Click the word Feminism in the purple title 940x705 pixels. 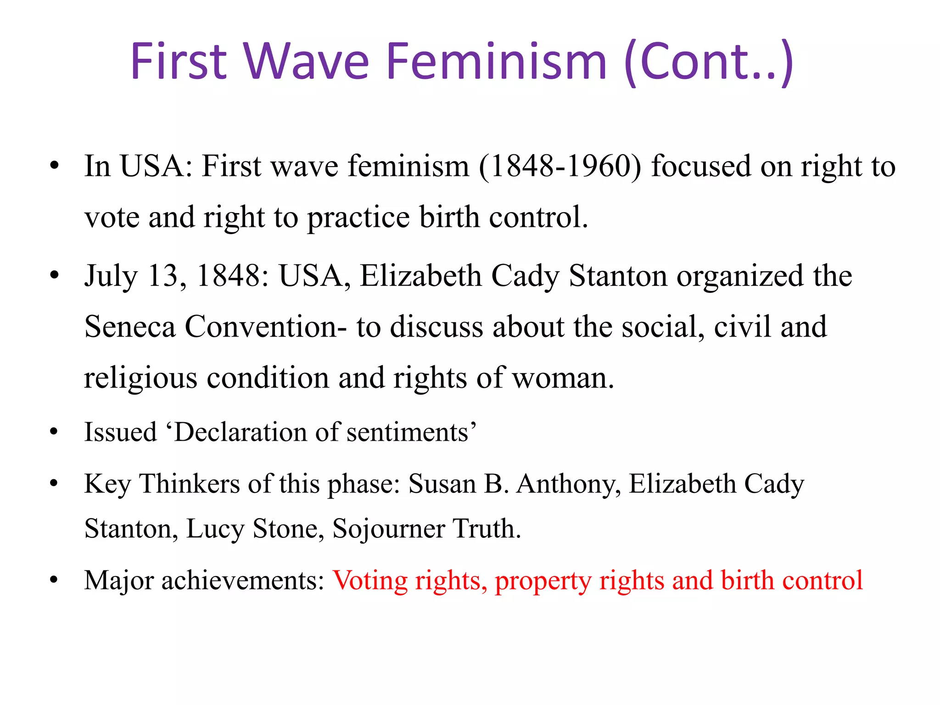pyautogui.click(x=497, y=62)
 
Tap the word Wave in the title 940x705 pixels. pyautogui.click(x=306, y=62)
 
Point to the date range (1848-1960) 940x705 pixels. pyautogui.click(x=560, y=166)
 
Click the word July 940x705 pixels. pyautogui.click(x=111, y=277)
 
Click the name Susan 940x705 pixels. pyautogui.click(x=442, y=484)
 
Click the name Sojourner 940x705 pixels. pyautogui.click(x=388, y=529)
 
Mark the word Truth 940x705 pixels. pyautogui.click(x=487, y=528)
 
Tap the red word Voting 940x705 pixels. pyautogui.click(x=370, y=581)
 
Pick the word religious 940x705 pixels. pyautogui.click(x=140, y=379)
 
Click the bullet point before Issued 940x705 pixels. pyautogui.click(x=54, y=432)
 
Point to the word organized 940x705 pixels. pyautogui.click(x=740, y=277)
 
